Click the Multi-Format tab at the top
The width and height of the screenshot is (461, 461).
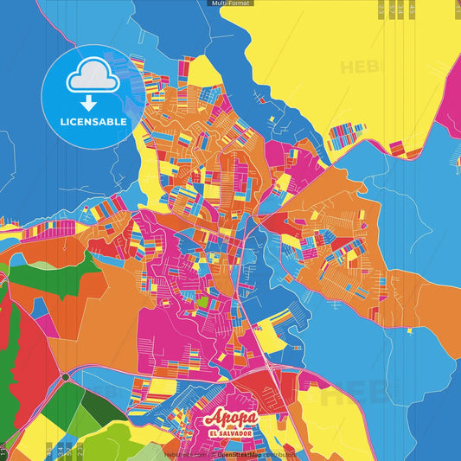coord(230,3)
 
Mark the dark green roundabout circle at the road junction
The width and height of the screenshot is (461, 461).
coord(64,377)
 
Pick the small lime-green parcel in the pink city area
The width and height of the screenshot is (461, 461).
coord(202,304)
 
